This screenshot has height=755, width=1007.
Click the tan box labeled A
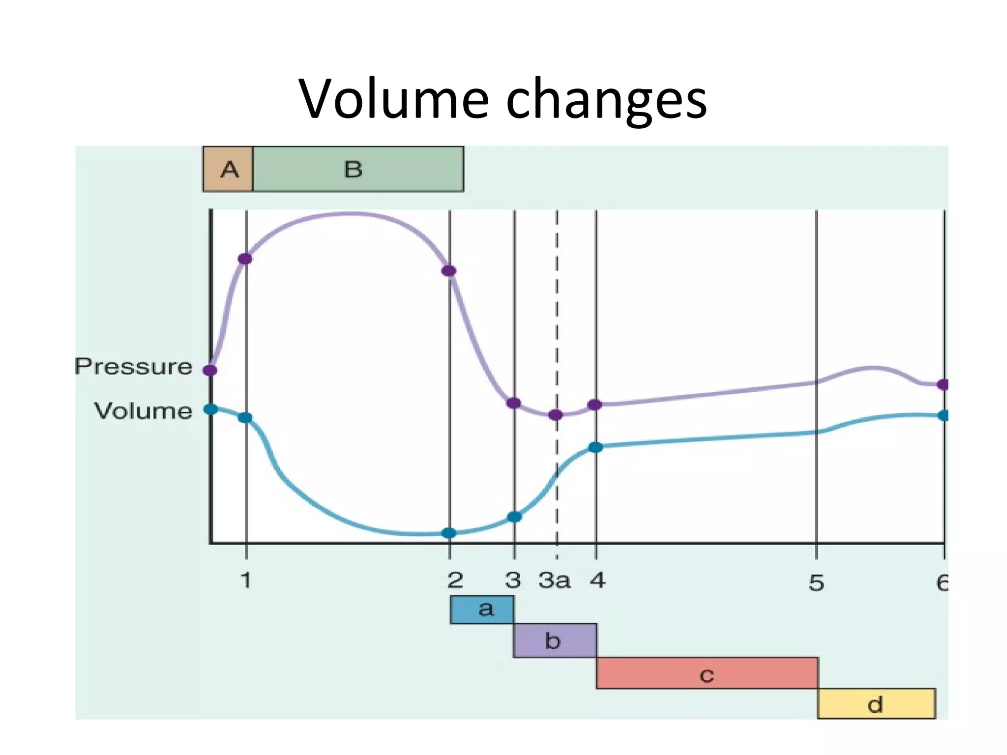click(228, 169)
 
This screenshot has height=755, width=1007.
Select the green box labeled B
click(358, 169)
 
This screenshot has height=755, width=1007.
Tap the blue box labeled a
click(482, 610)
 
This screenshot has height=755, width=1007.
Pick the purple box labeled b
click(555, 641)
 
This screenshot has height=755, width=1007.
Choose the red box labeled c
click(707, 673)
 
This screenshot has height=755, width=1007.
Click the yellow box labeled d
click(876, 704)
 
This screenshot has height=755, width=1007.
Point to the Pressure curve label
click(133, 367)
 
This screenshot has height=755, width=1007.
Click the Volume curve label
click(143, 411)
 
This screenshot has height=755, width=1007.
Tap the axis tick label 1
click(246, 581)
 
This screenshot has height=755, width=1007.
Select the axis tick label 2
click(455, 581)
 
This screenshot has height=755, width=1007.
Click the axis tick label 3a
click(555, 581)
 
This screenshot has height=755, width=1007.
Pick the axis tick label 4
click(598, 581)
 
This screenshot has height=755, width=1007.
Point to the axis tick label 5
click(816, 582)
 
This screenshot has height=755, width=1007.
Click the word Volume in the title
click(394, 99)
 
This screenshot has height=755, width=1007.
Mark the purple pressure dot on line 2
click(448, 271)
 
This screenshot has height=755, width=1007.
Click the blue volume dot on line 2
click(448, 533)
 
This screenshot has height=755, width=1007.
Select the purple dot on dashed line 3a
click(556, 415)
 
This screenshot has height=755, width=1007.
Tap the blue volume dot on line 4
click(595, 447)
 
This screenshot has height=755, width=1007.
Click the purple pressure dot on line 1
click(245, 259)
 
